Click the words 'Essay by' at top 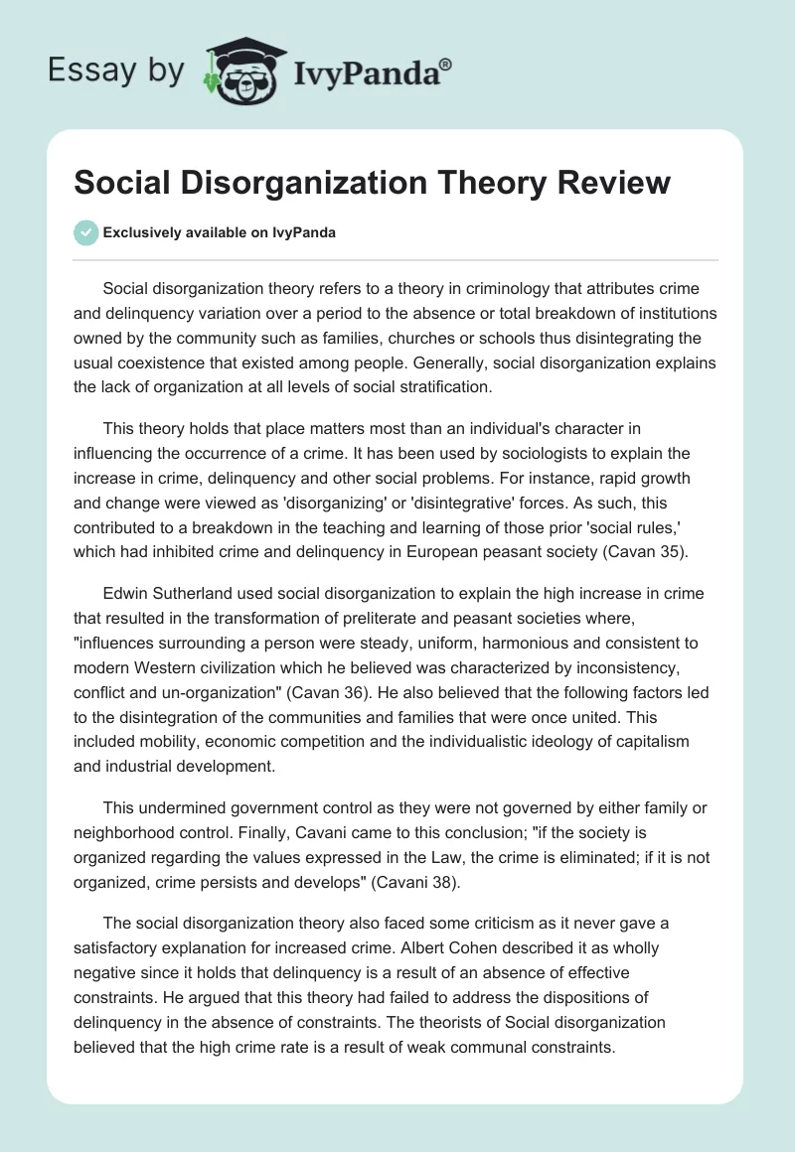(115, 70)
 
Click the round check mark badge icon (86, 232)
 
